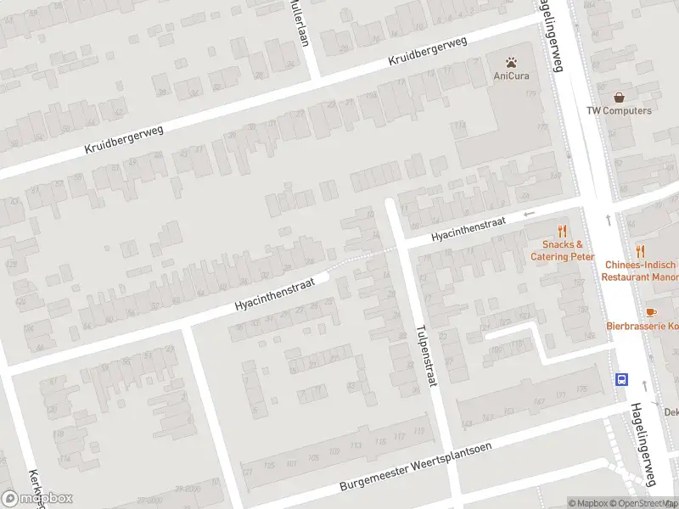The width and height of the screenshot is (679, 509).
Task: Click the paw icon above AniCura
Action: click(x=512, y=62)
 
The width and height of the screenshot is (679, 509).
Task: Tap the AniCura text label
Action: click(x=512, y=76)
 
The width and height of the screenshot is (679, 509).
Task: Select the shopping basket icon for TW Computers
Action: click(x=620, y=98)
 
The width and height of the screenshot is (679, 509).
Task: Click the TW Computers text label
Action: click(x=620, y=111)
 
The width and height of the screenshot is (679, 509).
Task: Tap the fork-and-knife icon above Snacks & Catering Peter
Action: click(x=562, y=231)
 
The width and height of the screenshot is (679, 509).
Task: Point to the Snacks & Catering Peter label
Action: click(x=562, y=251)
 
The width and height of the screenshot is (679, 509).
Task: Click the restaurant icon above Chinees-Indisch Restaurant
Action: click(x=641, y=251)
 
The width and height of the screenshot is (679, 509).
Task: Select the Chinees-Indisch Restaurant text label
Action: click(x=641, y=271)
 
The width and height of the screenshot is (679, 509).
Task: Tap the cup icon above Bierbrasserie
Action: click(x=651, y=312)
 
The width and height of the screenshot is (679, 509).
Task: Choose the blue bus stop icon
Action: click(x=622, y=379)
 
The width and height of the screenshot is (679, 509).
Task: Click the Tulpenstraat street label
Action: click(x=426, y=356)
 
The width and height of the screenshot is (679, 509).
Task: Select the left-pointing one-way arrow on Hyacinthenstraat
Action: click(x=530, y=215)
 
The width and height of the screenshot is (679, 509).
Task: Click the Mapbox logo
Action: click(x=37, y=499)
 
